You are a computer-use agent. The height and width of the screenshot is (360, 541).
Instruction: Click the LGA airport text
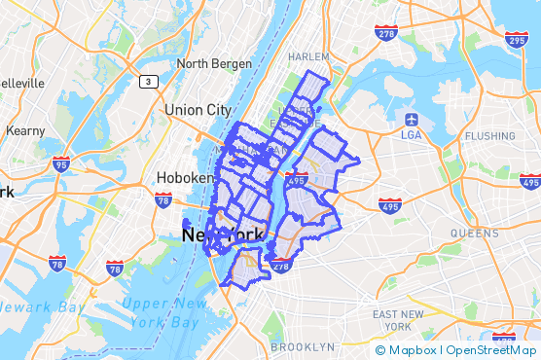411,135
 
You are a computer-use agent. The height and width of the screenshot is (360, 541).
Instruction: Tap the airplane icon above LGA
411,119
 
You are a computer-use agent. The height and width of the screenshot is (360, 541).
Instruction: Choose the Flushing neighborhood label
496,135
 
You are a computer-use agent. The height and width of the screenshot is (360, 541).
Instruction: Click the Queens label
474,234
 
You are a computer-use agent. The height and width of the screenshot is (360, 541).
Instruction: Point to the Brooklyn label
302,346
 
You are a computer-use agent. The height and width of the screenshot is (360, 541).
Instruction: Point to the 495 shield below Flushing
530,181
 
